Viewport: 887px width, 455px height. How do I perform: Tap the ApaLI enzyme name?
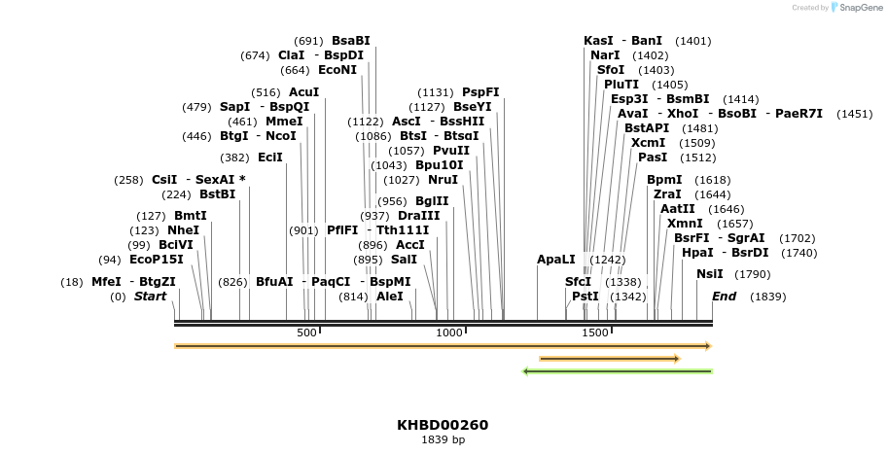pos(556,260)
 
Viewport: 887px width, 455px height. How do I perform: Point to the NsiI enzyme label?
pos(710,274)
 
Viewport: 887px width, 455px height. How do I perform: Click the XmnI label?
pos(685,224)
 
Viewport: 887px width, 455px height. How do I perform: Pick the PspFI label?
pos(480,92)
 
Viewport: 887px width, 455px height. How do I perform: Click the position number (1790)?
pos(752,274)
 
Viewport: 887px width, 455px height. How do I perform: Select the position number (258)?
pos(129,180)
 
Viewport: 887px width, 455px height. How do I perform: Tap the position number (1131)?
pos(437,92)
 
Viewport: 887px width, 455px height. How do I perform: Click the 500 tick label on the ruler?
pos(306,333)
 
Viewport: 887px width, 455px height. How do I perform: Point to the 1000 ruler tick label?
pos(449,333)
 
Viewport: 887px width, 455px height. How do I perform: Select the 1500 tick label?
pos(594,333)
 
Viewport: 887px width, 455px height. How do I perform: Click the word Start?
pos(151,296)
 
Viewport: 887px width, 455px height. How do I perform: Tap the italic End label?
pos(725,296)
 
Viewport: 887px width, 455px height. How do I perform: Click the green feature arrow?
pos(618,370)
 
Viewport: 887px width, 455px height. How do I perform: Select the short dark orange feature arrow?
pos(610,359)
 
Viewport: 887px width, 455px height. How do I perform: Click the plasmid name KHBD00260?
pos(443,425)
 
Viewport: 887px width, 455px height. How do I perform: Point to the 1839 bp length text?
pos(443,440)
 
